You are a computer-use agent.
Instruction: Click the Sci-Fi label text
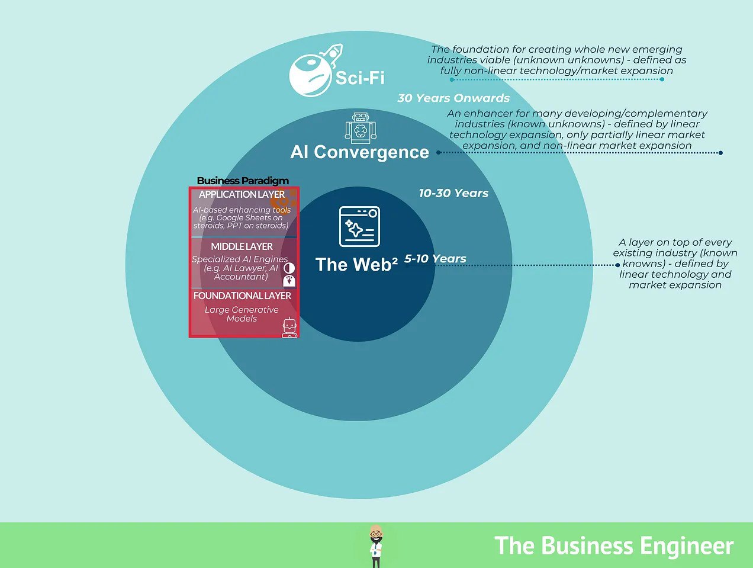[360, 78]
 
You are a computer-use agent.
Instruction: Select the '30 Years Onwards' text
[453, 98]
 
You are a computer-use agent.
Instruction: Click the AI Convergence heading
[359, 152]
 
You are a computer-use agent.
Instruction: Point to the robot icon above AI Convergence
[360, 128]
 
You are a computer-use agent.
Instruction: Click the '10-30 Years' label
[453, 193]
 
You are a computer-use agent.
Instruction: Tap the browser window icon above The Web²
[359, 226]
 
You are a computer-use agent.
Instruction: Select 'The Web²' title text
[356, 264]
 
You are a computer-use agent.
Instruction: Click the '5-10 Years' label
[435, 259]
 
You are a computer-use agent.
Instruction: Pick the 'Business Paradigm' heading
[243, 181]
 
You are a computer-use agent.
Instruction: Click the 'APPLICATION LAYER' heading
[242, 194]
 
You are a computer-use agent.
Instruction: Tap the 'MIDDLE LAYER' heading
[242, 246]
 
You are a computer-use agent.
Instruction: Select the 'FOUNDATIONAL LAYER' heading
[242, 296]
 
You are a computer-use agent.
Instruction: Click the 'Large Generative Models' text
[242, 314]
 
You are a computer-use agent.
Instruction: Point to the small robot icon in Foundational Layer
[289, 328]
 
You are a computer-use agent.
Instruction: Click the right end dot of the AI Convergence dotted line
[720, 153]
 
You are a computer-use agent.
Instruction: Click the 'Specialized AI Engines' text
[240, 259]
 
